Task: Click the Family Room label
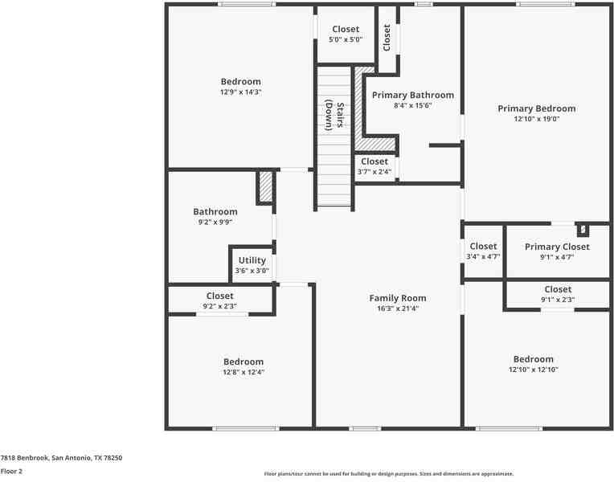pos(398,298)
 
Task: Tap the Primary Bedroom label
pos(537,108)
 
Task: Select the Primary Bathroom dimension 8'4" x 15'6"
pos(413,105)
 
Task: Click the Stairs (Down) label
pos(335,116)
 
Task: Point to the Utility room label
pos(252,260)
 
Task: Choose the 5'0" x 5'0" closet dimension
pos(346,39)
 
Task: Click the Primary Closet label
pos(557,247)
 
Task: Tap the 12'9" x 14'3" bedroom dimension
pos(240,92)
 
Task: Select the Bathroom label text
pos(215,212)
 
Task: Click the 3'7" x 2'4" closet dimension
pos(374,172)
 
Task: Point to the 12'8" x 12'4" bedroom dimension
pos(244,372)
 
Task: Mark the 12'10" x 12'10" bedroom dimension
pos(534,370)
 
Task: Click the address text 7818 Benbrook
pos(24,458)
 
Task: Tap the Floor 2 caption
pos(11,472)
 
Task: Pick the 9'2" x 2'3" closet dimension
pos(219,306)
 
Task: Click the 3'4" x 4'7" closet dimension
pos(483,257)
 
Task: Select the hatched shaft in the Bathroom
pos(266,187)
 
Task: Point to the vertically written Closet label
pos(387,38)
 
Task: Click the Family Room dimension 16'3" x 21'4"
pos(398,308)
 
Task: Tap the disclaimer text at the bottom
pos(389,474)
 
